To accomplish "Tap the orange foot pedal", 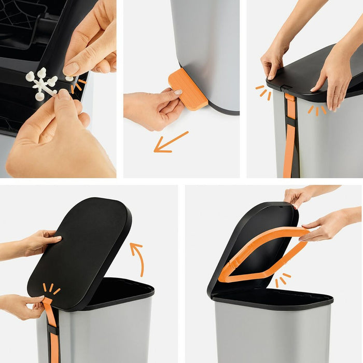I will coord(188,89).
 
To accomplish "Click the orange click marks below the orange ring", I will coord(282,280).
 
